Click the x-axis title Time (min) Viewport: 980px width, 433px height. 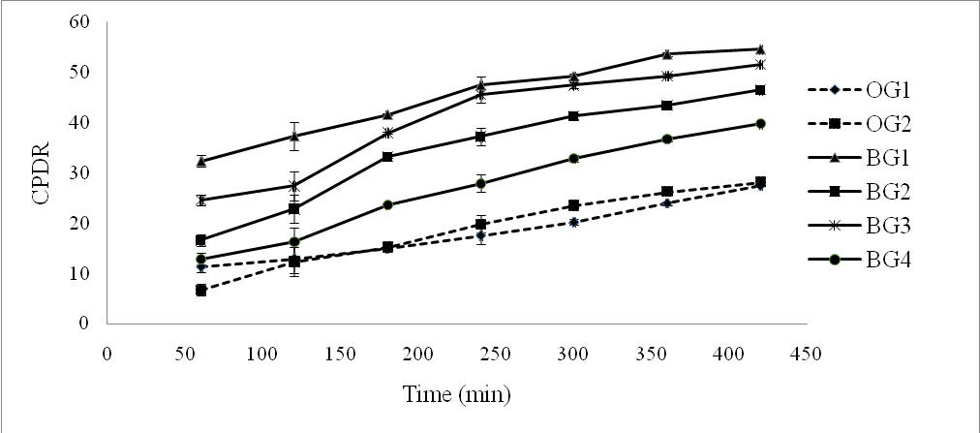click(456, 394)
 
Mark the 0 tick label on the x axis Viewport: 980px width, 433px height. click(107, 354)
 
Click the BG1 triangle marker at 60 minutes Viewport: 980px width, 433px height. click(200, 161)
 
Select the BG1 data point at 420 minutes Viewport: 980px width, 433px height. click(760, 49)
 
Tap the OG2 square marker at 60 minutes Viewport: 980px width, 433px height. click(200, 290)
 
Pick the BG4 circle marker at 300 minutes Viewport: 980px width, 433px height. click(573, 158)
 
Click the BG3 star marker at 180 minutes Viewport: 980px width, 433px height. click(387, 133)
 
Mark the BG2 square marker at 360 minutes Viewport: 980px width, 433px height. click(667, 106)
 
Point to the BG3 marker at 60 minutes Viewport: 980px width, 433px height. click(200, 201)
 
